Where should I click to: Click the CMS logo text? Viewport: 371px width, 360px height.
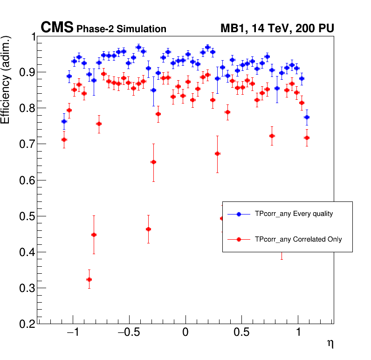pos(57,28)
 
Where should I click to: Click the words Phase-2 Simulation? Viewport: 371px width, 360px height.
pos(121,29)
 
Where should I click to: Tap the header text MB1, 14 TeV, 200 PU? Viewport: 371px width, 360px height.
pos(277,29)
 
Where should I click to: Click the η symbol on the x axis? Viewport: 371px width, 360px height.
pos(330,344)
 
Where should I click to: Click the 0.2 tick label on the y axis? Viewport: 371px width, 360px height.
pos(27,324)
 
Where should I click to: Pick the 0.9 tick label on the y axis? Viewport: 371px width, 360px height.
pos(27,72)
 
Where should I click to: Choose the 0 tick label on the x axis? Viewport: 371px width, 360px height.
pos(185,334)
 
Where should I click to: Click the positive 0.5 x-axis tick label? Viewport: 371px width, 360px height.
pos(242,334)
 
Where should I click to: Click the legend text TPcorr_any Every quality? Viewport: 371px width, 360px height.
pos(294,214)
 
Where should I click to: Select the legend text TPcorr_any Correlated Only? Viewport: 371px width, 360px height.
pos(298,239)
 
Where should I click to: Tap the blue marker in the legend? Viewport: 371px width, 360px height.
pos(239,214)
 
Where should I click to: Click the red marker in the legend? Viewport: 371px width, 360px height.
pos(239,239)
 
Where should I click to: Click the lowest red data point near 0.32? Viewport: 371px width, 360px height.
pos(89,280)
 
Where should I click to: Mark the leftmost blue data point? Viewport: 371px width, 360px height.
pos(64,122)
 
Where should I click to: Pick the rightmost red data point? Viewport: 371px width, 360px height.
pos(307,138)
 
